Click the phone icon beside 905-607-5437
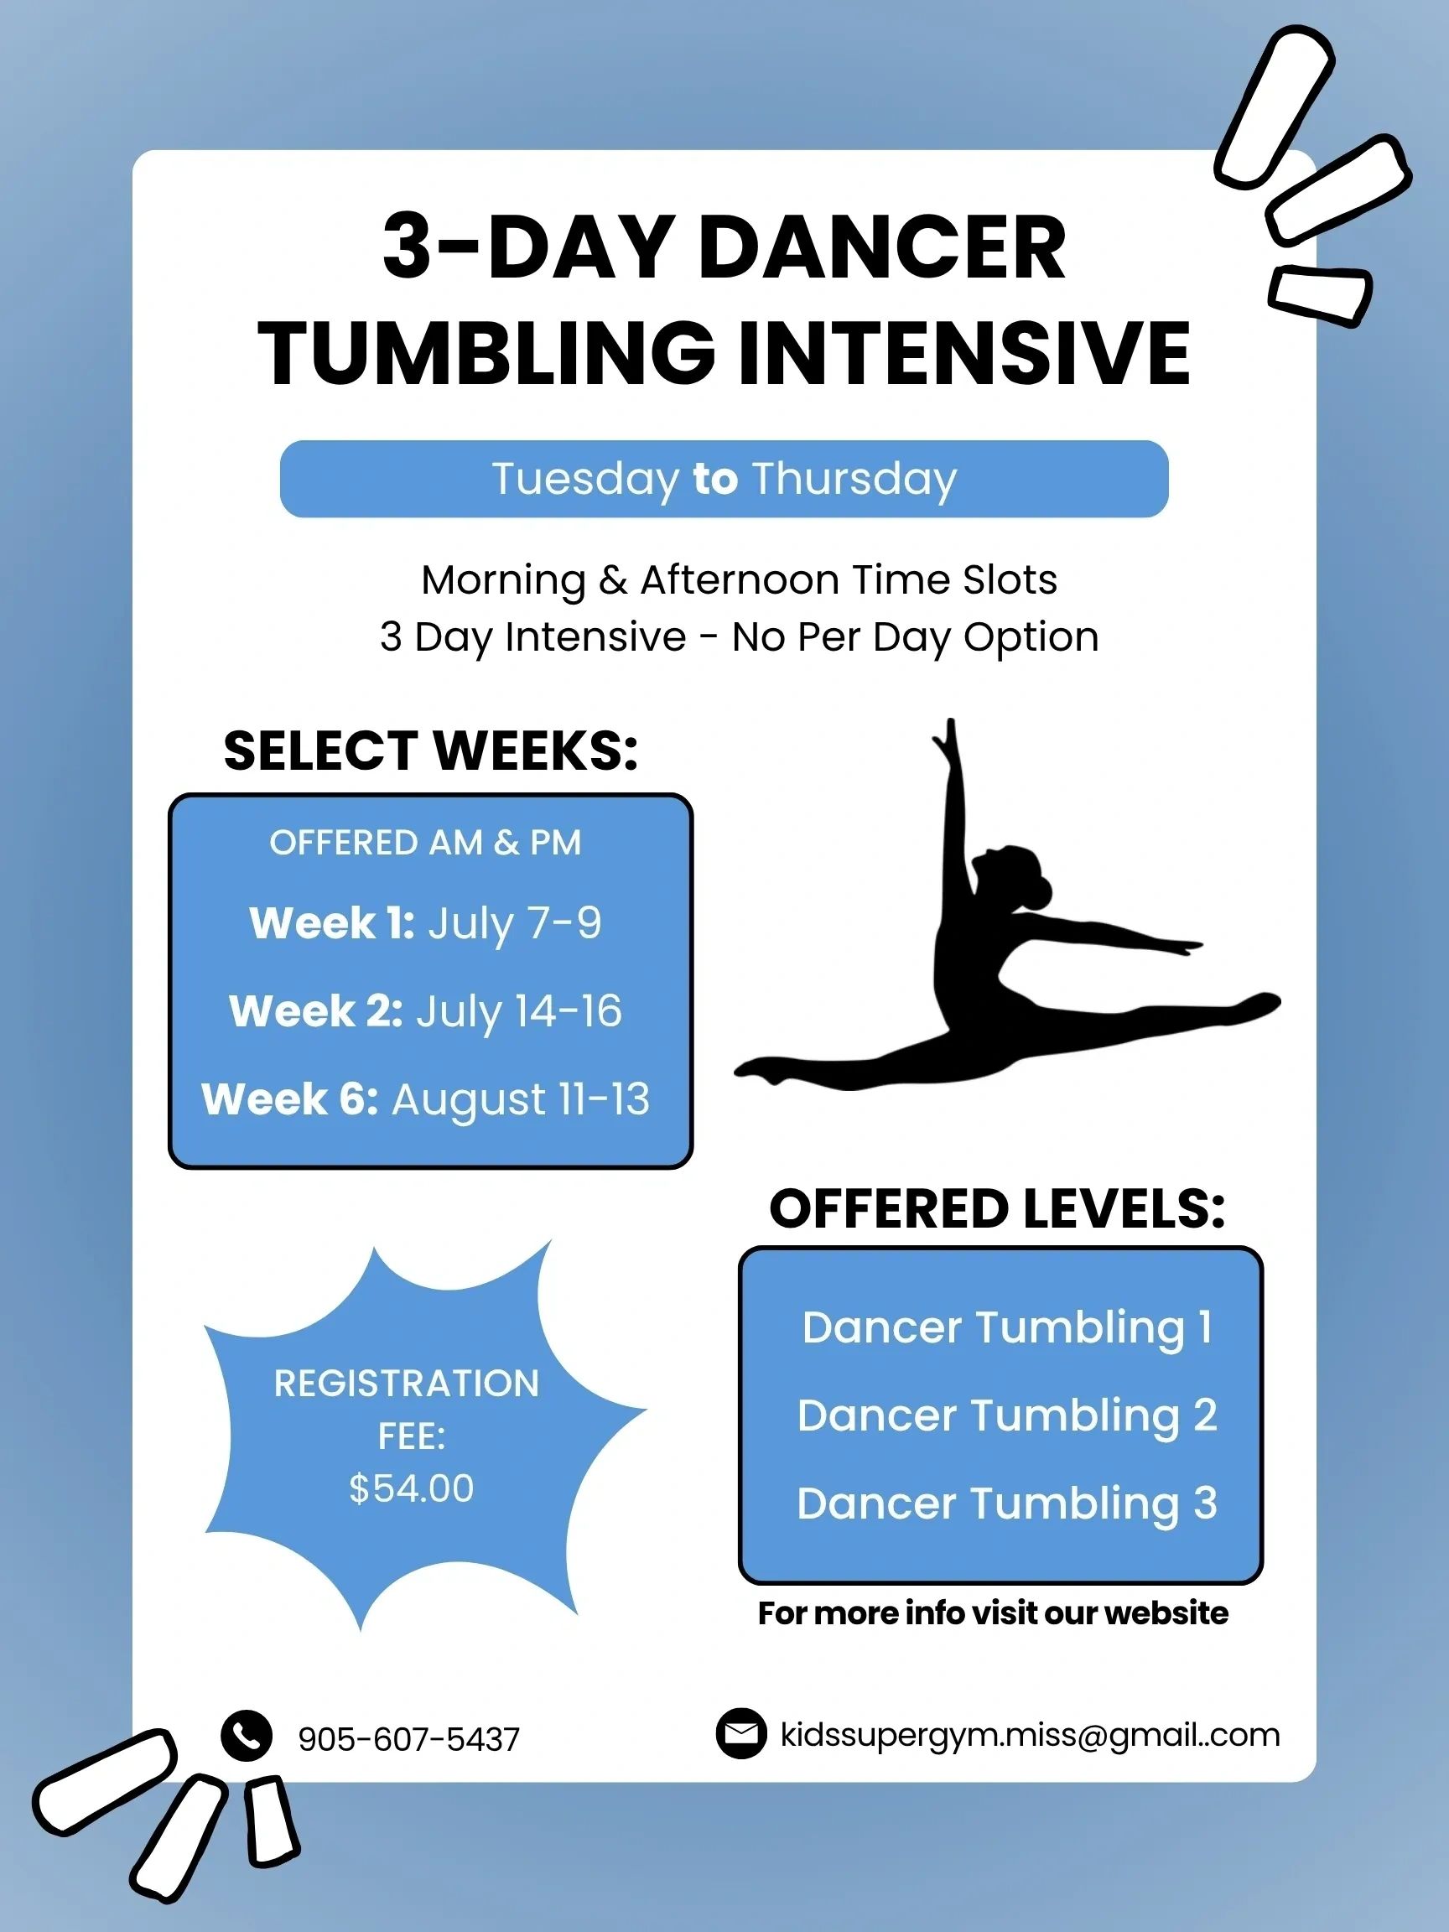(x=247, y=1734)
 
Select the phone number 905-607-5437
(x=408, y=1739)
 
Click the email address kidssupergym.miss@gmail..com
(x=1031, y=1735)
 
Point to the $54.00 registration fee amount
(x=412, y=1488)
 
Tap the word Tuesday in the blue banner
(x=585, y=480)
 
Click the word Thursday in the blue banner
(x=854, y=480)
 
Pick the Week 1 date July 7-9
(x=514, y=924)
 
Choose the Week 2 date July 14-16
(x=519, y=1012)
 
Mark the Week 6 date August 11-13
(x=521, y=1099)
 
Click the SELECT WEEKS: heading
(x=431, y=750)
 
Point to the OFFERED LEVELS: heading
(x=997, y=1209)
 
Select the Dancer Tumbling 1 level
(x=1007, y=1327)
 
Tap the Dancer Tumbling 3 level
(x=1007, y=1504)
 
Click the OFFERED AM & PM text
(x=425, y=843)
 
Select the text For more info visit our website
(x=993, y=1613)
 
